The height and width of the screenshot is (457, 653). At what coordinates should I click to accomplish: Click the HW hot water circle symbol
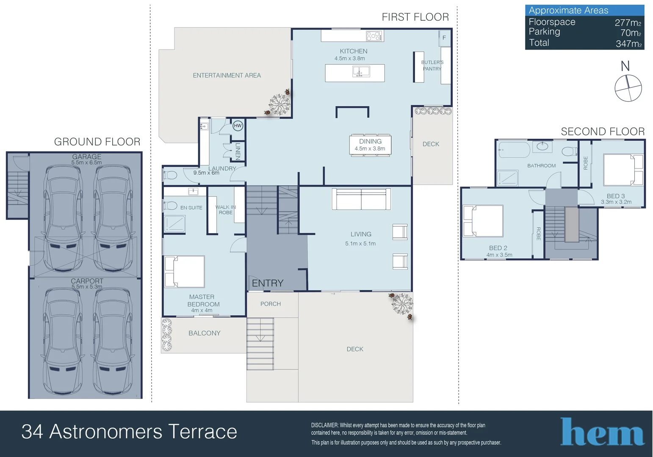[x=238, y=126]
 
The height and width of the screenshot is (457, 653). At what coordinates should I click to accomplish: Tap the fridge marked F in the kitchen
[x=445, y=38]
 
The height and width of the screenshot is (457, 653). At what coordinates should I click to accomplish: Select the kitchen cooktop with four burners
[x=374, y=36]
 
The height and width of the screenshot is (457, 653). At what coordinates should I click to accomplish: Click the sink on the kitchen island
[x=361, y=72]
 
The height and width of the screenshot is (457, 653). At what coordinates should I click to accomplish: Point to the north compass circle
[x=628, y=88]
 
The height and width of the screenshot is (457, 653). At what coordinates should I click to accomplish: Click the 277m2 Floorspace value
[x=628, y=22]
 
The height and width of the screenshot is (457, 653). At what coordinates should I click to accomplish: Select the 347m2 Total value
[x=628, y=44]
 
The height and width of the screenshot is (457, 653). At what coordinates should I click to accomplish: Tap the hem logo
[x=602, y=432]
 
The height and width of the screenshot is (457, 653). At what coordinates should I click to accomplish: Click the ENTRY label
[x=268, y=283]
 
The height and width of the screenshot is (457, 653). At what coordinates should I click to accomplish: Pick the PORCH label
[x=271, y=304]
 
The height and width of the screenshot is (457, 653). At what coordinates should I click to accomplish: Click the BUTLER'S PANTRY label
[x=432, y=66]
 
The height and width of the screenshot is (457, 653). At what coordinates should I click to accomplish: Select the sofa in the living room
[x=361, y=199]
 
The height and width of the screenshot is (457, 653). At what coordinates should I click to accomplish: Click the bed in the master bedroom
[x=184, y=272]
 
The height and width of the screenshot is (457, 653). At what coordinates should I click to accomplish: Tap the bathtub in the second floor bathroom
[x=514, y=150]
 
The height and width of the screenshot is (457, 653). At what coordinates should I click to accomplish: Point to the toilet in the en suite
[x=171, y=206]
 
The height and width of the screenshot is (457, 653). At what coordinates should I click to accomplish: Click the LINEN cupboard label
[x=238, y=151]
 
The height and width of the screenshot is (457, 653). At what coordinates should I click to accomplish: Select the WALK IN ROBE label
[x=226, y=210]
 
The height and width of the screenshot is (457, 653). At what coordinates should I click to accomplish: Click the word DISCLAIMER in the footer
[x=324, y=425]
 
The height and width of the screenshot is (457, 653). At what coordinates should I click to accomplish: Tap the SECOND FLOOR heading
[x=603, y=132]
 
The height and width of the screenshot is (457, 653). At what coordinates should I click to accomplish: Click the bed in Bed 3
[x=623, y=170]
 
